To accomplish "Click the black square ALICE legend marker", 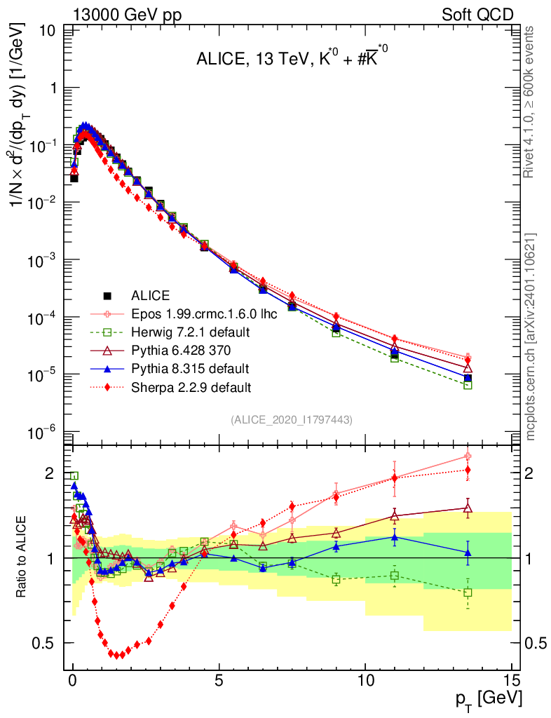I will (107, 295).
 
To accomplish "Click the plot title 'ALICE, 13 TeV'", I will (250, 62).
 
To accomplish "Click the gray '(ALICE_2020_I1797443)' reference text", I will (291, 419).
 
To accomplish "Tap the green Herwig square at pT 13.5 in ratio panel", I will (468, 592).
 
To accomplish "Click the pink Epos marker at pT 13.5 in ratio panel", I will (468, 456).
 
